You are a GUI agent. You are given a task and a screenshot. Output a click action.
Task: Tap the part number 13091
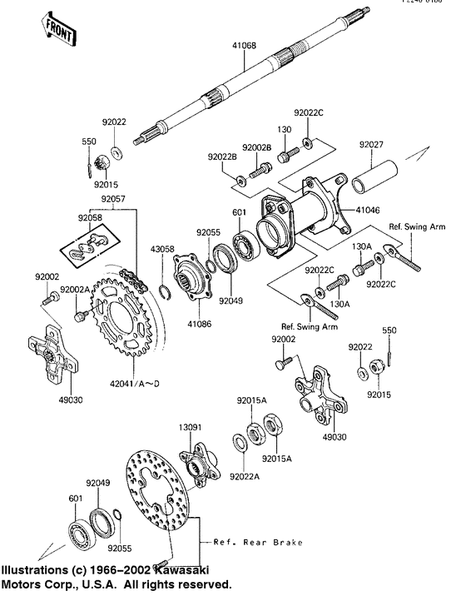(x=188, y=430)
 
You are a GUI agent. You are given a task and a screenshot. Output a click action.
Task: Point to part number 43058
(x=162, y=249)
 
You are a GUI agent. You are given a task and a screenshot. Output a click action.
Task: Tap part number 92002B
(x=257, y=147)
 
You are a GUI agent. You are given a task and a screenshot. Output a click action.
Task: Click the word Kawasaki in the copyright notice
(x=178, y=571)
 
